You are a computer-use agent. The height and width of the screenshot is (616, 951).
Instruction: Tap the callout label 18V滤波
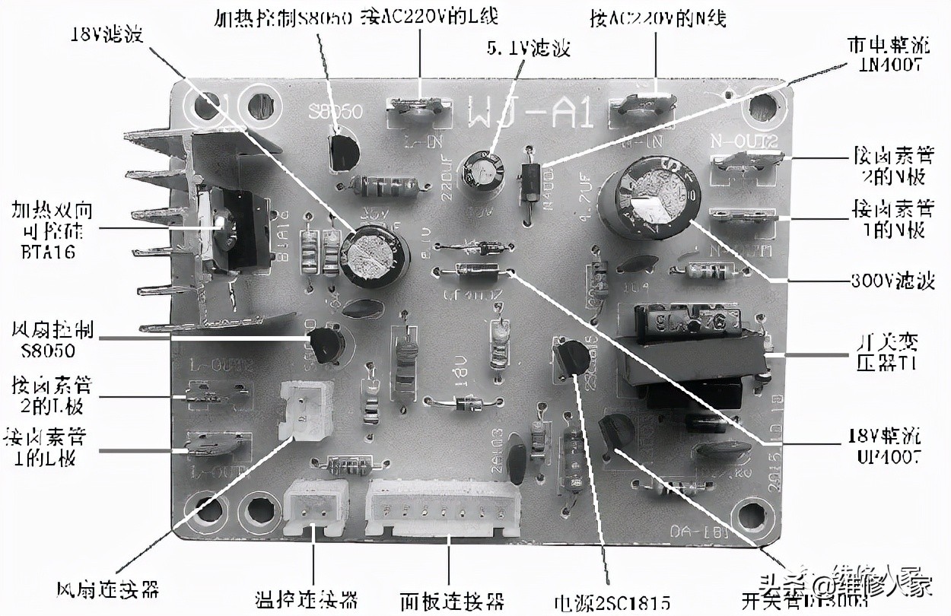tap(107, 35)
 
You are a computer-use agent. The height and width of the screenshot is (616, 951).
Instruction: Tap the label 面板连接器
tap(453, 601)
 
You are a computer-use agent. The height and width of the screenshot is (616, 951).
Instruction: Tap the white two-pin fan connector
tap(307, 408)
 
